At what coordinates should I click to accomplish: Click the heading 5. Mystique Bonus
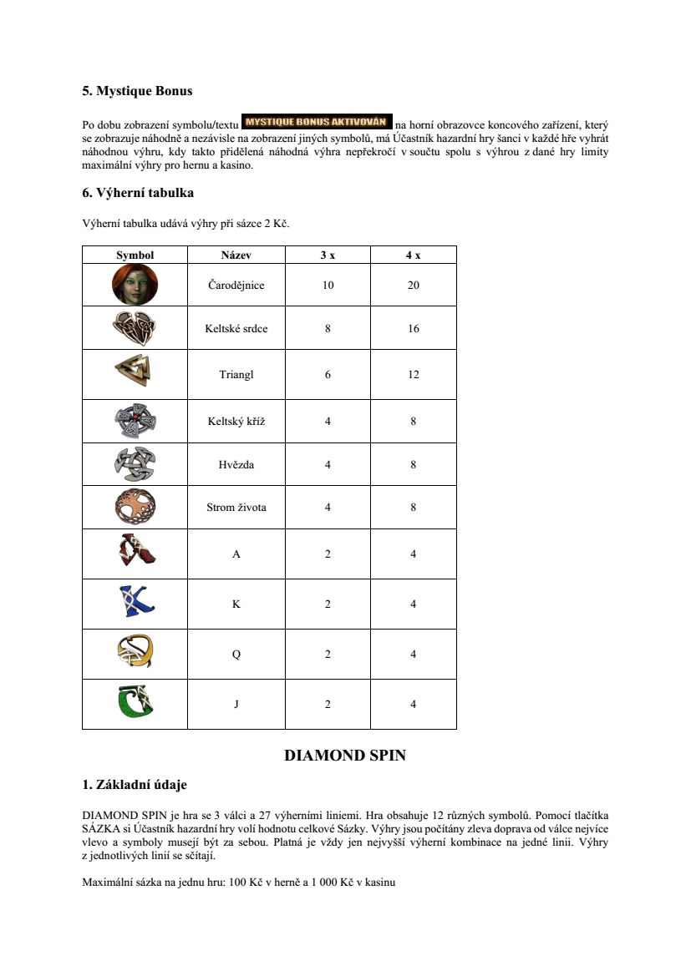point(137,91)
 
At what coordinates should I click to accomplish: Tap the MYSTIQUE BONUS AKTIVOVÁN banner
point(317,121)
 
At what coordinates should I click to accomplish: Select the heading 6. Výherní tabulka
point(138,193)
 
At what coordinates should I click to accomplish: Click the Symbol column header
point(135,255)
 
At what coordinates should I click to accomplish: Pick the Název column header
point(236,255)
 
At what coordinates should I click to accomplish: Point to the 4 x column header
point(413,255)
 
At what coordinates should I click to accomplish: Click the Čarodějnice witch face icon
point(135,285)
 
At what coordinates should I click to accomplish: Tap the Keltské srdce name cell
point(236,328)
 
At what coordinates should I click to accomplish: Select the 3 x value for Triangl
point(328,374)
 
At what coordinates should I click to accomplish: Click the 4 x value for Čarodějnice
point(413,285)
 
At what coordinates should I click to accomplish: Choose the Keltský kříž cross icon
point(135,421)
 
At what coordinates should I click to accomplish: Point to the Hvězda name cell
point(236,464)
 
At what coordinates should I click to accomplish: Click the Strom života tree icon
point(135,507)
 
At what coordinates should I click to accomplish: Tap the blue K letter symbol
point(135,603)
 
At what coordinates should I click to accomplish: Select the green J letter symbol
point(135,703)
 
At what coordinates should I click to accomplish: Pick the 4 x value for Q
point(413,655)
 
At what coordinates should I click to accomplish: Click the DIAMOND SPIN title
point(345,756)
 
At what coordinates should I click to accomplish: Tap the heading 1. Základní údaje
point(135,785)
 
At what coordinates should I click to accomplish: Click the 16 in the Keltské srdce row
point(413,328)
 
